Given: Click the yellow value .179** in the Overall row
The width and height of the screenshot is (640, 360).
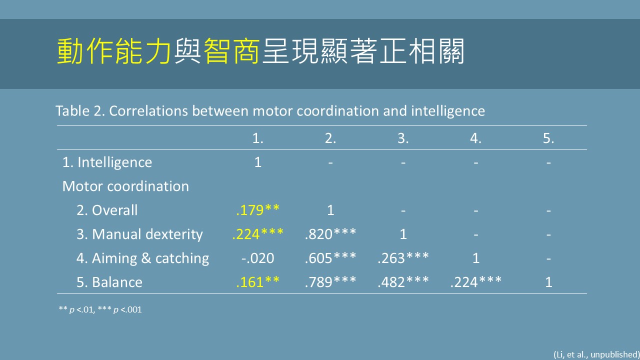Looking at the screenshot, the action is point(257,210).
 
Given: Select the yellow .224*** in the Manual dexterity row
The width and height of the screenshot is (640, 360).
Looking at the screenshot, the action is point(257,234).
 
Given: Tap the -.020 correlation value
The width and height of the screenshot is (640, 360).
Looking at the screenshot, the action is point(257,258).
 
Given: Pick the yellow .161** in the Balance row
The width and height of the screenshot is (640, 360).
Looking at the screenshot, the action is point(257,282).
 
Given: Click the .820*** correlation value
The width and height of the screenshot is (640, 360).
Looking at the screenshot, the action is point(330,234).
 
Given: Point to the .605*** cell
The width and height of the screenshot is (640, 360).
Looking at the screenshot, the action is point(330,258).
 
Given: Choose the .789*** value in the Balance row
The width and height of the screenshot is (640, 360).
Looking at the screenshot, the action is point(330,282).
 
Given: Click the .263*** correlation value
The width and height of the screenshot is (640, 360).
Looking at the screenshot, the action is point(403,258).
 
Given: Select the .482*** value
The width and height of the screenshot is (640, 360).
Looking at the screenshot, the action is point(403,282).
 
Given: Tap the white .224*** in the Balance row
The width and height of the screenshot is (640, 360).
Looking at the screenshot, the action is point(475,282).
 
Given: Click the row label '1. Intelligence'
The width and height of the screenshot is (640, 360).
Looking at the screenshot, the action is point(107,162).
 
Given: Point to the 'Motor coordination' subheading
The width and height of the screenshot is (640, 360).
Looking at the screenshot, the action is point(125,186).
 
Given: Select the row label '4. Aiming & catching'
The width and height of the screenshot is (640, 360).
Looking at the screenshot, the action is point(143,258).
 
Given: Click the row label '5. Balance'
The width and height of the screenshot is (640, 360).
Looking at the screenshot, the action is point(109,282).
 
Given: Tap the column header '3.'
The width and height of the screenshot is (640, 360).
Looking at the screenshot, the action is point(403,138).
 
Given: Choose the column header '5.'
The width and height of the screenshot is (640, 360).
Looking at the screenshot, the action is point(548,138).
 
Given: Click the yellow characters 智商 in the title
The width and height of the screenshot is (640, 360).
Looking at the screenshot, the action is point(231,51).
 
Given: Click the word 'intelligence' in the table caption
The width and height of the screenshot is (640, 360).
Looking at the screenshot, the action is point(448,111).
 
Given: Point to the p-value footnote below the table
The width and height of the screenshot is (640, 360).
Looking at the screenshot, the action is point(100,309).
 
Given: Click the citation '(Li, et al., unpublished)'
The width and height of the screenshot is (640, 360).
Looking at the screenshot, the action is point(597,354).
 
